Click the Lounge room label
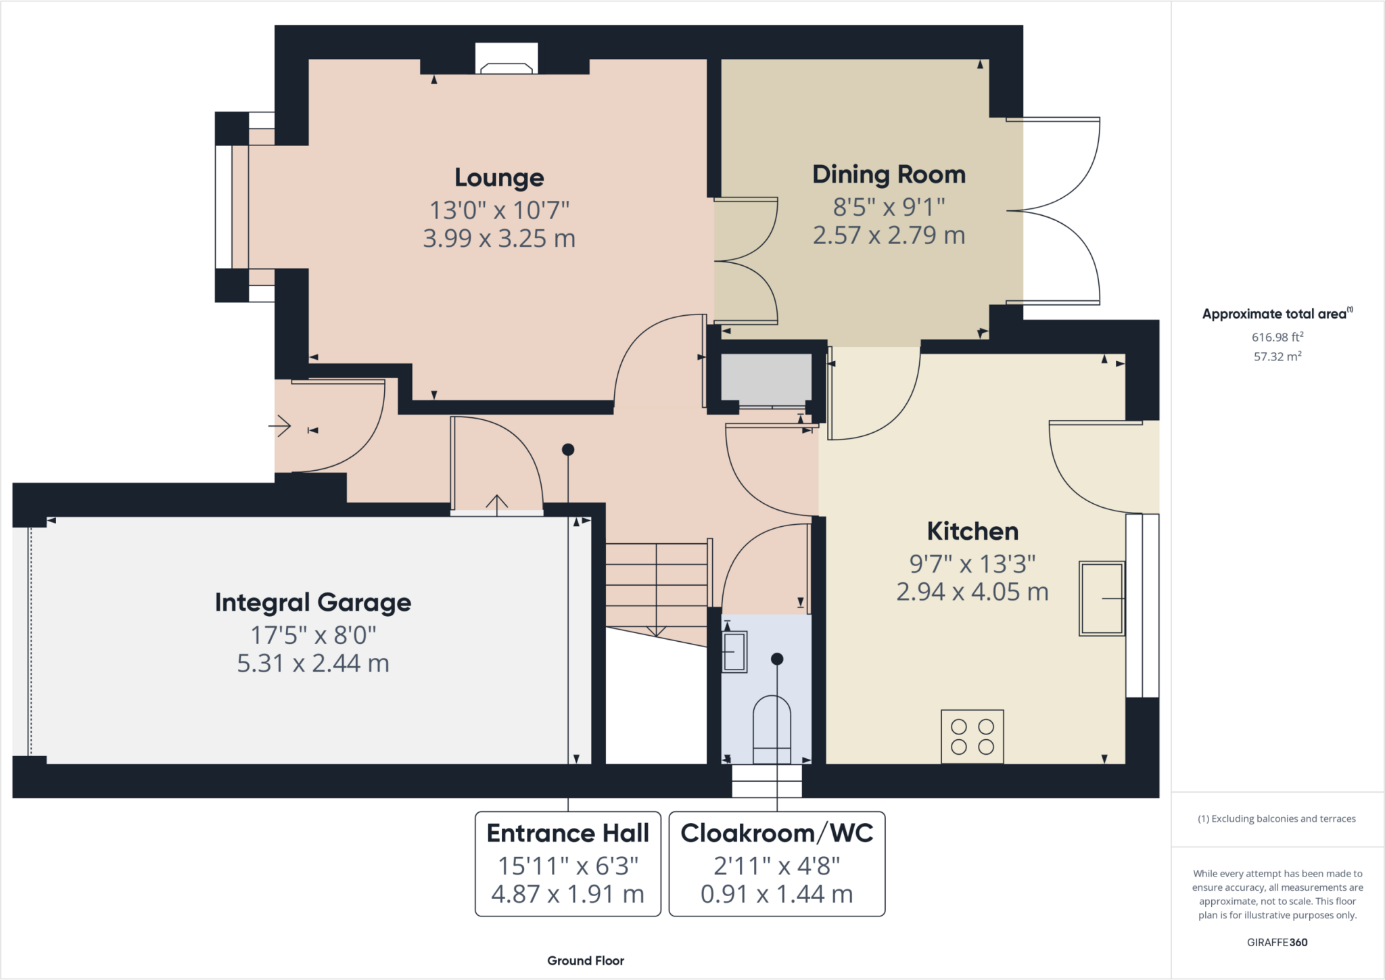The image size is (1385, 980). pos(499,178)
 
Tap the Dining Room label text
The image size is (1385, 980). pos(889,174)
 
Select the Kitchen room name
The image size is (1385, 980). pos(972,532)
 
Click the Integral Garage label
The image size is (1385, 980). pos(313,603)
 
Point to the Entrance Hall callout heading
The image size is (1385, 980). pos(568,833)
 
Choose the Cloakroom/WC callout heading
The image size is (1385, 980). pos(777,833)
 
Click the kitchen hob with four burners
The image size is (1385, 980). pos(972,737)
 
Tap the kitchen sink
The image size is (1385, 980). pos(1102,599)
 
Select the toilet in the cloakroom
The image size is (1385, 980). pos(772,730)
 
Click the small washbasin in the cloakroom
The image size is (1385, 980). pos(734,651)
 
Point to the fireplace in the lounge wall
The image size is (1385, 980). pos(507,58)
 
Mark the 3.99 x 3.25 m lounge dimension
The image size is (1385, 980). pos(499,239)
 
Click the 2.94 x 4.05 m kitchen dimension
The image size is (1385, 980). pos(972,592)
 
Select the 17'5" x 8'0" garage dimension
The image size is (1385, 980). pos(313,635)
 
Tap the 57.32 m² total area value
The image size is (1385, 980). pos(1277,356)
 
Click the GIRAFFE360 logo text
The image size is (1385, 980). pos(1277,942)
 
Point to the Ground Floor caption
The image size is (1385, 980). pos(586,960)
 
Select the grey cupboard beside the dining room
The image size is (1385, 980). pos(766,378)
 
